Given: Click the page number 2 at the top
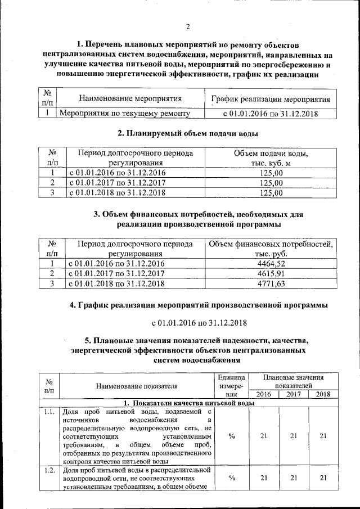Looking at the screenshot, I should pos(188,26).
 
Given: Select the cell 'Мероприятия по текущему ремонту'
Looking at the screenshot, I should pos(124,114).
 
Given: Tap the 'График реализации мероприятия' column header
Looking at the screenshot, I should pos(270,99).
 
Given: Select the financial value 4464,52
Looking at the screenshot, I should pos(271,263).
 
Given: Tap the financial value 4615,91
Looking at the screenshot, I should pos(271,273).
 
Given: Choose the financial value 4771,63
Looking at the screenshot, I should pos(271,283).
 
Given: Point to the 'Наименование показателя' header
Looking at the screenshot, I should pos(137,386).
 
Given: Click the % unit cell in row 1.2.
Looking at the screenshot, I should pos(231,478).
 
